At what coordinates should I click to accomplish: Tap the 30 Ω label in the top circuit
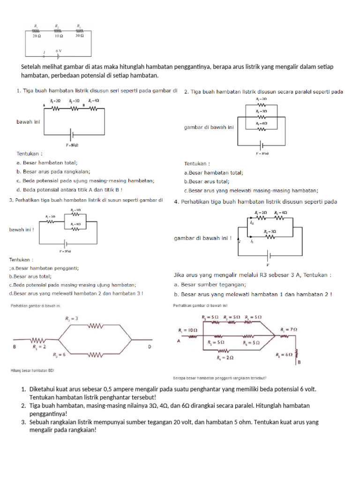(80, 36)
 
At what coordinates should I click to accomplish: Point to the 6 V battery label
(59, 50)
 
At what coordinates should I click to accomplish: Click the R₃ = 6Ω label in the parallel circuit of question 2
(262, 123)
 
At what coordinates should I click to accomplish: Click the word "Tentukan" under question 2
(197, 164)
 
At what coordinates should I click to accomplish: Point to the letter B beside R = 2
(15, 347)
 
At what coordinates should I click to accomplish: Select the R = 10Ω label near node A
(188, 330)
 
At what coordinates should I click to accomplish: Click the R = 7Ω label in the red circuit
(290, 330)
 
